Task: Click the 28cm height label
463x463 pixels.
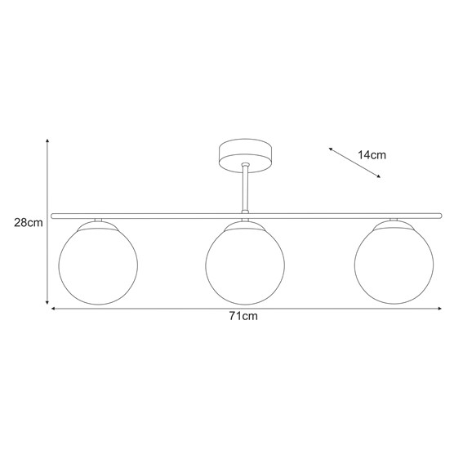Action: [28, 222]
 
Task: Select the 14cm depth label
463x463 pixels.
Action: [372, 154]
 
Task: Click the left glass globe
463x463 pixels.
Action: [98, 265]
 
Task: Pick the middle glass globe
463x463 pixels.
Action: [244, 265]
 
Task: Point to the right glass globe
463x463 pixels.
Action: [394, 265]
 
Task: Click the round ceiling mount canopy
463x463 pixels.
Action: [245, 154]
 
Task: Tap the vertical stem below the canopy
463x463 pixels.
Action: [245, 189]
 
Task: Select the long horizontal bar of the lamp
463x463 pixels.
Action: [163, 216]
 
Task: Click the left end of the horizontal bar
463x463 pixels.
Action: [53, 216]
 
